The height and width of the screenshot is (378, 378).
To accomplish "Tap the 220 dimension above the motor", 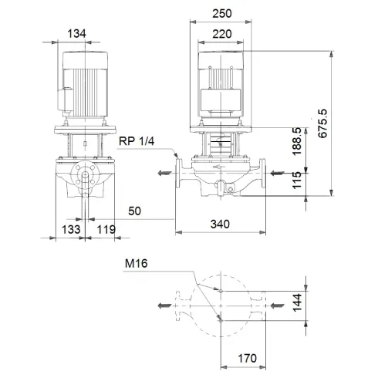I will tap(224, 33).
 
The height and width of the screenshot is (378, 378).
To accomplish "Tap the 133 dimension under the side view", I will tap(70, 229).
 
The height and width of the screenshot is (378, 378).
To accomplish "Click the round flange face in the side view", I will tap(86, 178).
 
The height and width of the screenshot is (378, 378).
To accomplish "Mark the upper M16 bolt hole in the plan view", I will tap(221, 292).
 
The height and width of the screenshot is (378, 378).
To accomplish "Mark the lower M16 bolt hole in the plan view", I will tap(221, 318).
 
